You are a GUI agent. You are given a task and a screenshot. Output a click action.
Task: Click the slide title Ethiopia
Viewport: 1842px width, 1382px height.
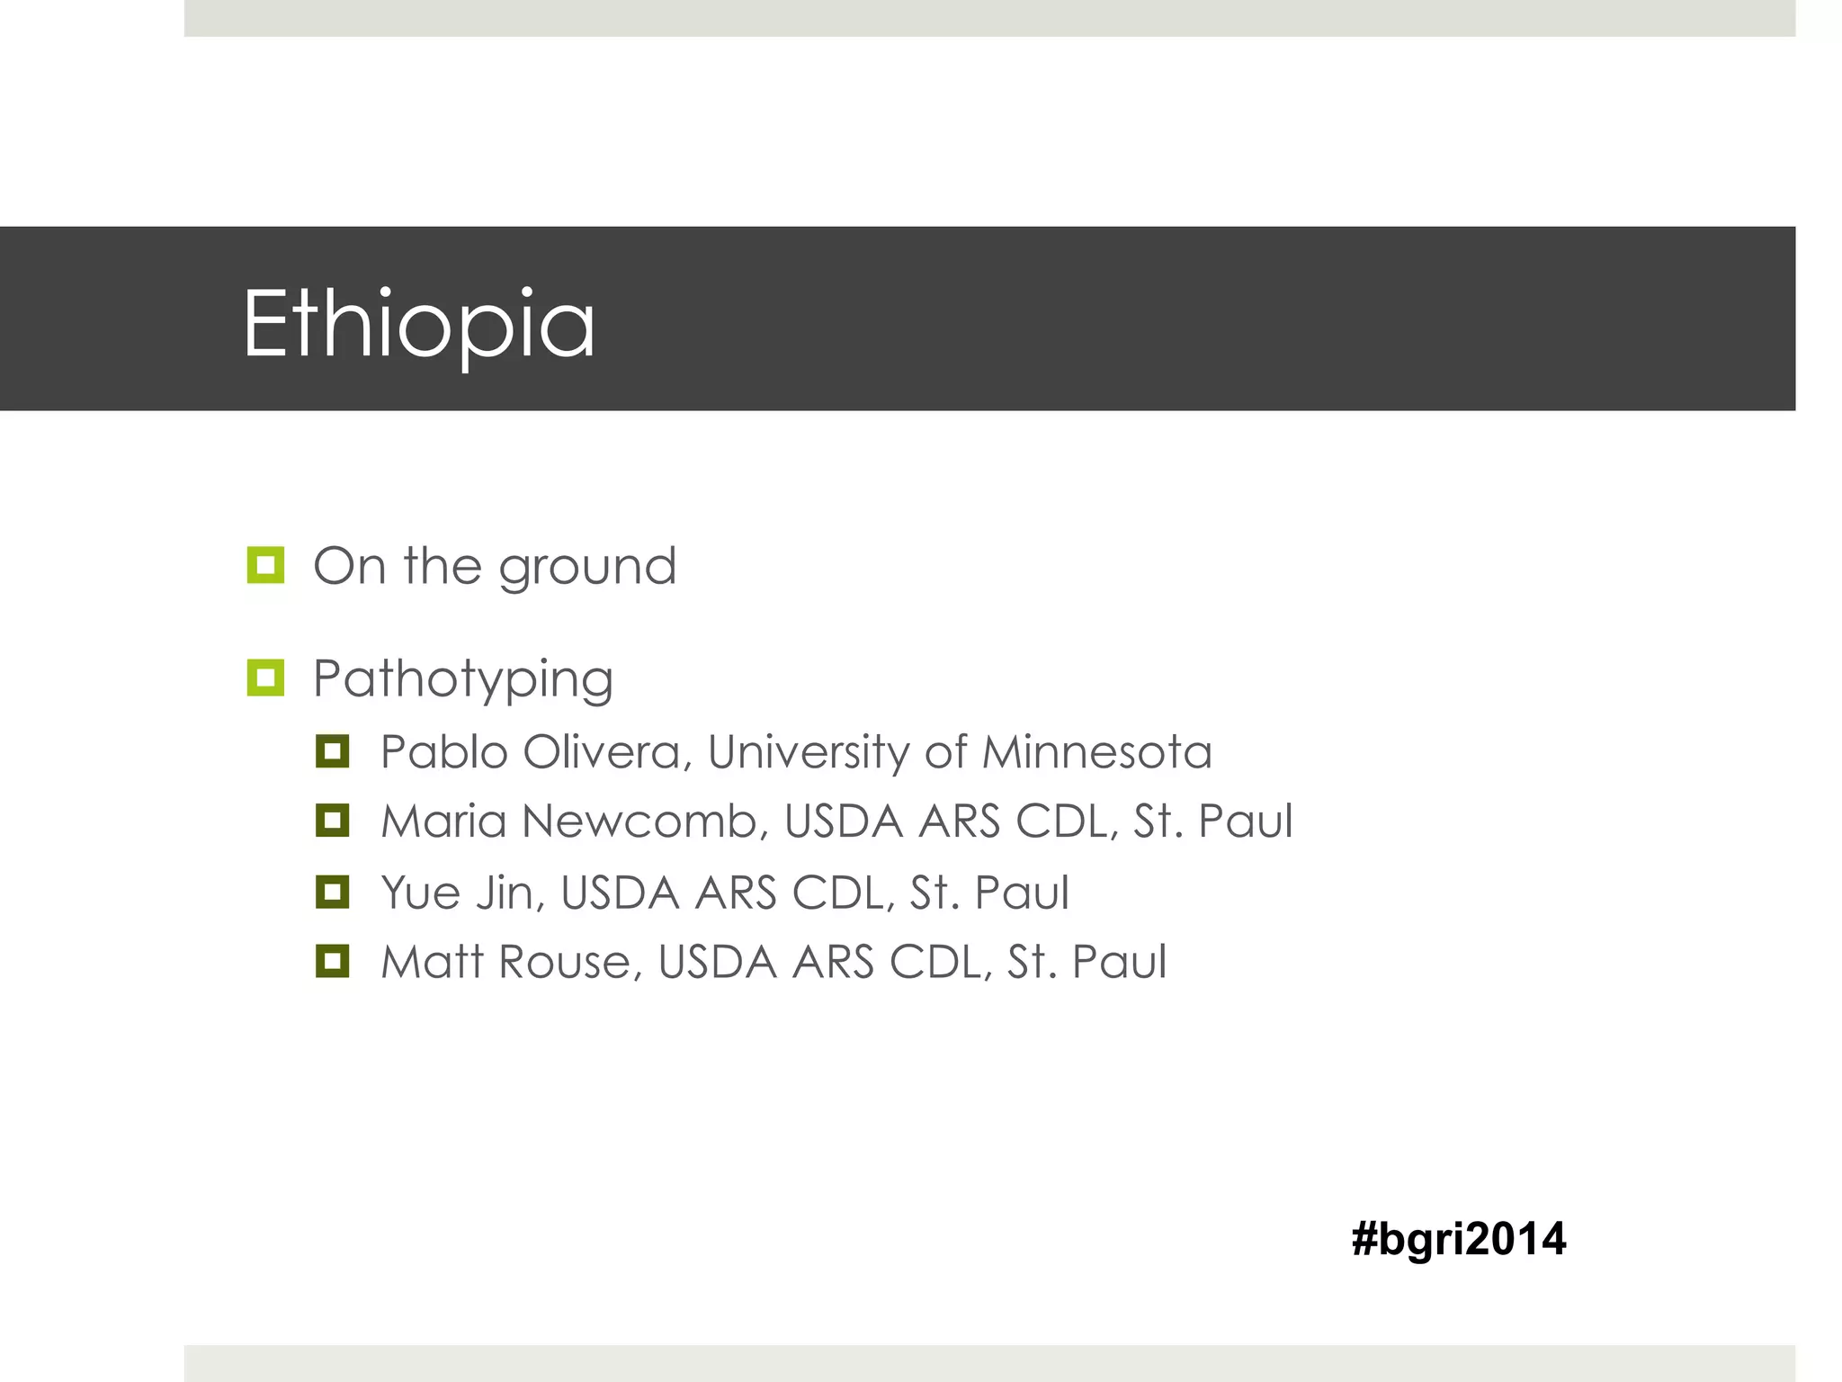(x=418, y=324)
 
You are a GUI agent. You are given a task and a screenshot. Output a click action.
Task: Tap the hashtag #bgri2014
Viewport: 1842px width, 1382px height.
(x=1458, y=1239)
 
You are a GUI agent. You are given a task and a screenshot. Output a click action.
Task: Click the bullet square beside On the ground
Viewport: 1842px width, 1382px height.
(x=265, y=565)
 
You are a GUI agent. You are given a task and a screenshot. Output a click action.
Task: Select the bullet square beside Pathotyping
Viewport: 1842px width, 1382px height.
(x=265, y=678)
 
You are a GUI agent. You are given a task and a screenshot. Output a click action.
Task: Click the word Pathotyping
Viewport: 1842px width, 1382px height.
(x=462, y=680)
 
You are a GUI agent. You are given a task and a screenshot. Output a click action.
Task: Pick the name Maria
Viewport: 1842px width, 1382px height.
(x=443, y=821)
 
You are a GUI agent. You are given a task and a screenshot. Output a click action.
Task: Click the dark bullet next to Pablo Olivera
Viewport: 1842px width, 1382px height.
(x=332, y=751)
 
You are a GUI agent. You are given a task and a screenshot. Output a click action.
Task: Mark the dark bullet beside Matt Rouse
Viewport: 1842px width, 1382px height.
(x=332, y=961)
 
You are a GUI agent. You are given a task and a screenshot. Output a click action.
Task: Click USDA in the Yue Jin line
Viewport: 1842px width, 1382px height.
(x=620, y=893)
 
